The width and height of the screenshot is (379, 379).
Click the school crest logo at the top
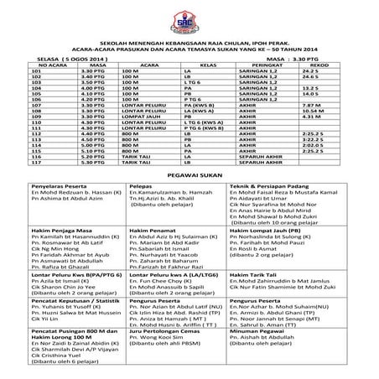coord(189,18)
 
